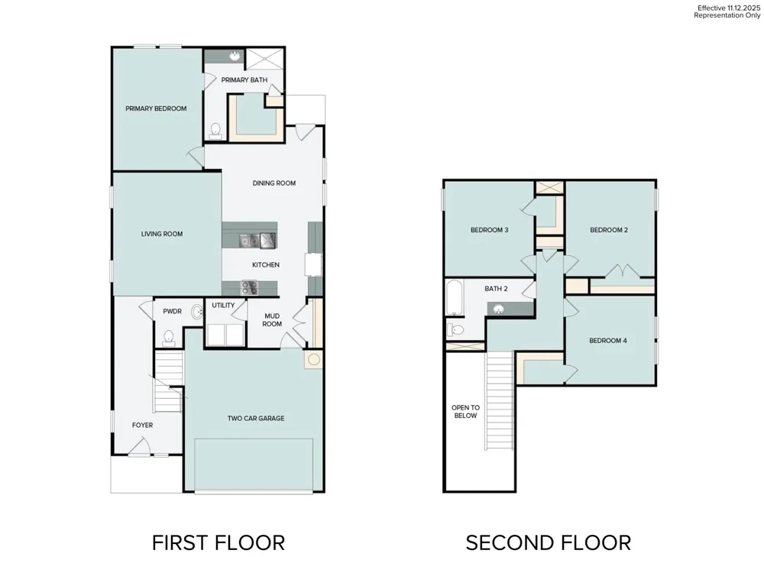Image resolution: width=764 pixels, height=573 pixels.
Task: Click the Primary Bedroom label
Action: (156, 108)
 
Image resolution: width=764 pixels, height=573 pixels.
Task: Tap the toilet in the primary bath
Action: (215, 131)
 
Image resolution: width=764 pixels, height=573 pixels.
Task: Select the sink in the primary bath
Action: (235, 56)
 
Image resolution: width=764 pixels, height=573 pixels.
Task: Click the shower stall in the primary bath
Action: (265, 59)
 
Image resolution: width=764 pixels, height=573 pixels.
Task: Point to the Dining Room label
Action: (274, 183)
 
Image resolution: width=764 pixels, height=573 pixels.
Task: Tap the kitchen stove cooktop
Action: (250, 287)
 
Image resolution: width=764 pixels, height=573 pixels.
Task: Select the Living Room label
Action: (162, 234)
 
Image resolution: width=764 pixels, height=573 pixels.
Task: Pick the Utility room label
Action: (223, 306)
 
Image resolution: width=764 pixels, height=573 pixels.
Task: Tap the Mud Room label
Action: (272, 320)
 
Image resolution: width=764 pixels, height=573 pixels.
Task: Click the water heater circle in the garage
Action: (314, 360)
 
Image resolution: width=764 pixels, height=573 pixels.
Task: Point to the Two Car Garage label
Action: (256, 418)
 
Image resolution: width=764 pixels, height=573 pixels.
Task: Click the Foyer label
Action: (142, 426)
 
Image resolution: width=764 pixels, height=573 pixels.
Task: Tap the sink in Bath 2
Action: (498, 309)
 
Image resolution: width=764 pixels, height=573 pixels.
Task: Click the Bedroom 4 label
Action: (608, 341)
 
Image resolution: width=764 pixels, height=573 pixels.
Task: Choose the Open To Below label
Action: (465, 412)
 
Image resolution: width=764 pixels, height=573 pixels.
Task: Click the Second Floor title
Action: (548, 542)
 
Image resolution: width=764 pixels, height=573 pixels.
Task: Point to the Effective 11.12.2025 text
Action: (728, 8)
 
